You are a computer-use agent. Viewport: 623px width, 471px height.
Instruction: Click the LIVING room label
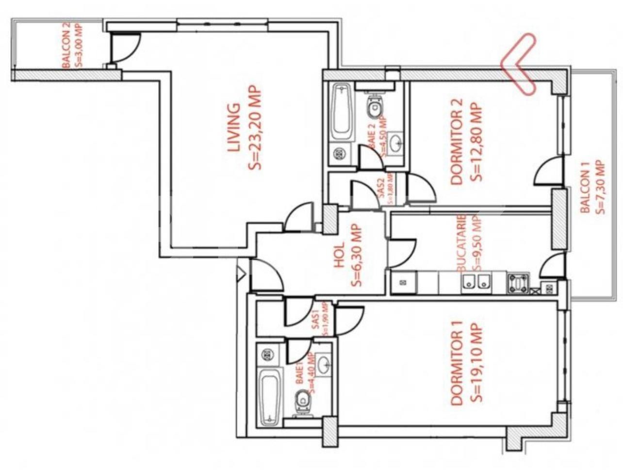click(233, 127)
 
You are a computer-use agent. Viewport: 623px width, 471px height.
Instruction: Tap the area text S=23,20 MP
click(255, 127)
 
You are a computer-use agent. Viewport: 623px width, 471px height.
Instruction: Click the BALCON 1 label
click(585, 187)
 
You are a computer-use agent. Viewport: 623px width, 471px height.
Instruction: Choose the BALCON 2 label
click(66, 47)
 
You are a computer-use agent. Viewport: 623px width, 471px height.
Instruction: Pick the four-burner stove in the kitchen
click(519, 283)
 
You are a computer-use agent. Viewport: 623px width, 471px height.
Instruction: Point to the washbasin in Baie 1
click(324, 362)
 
